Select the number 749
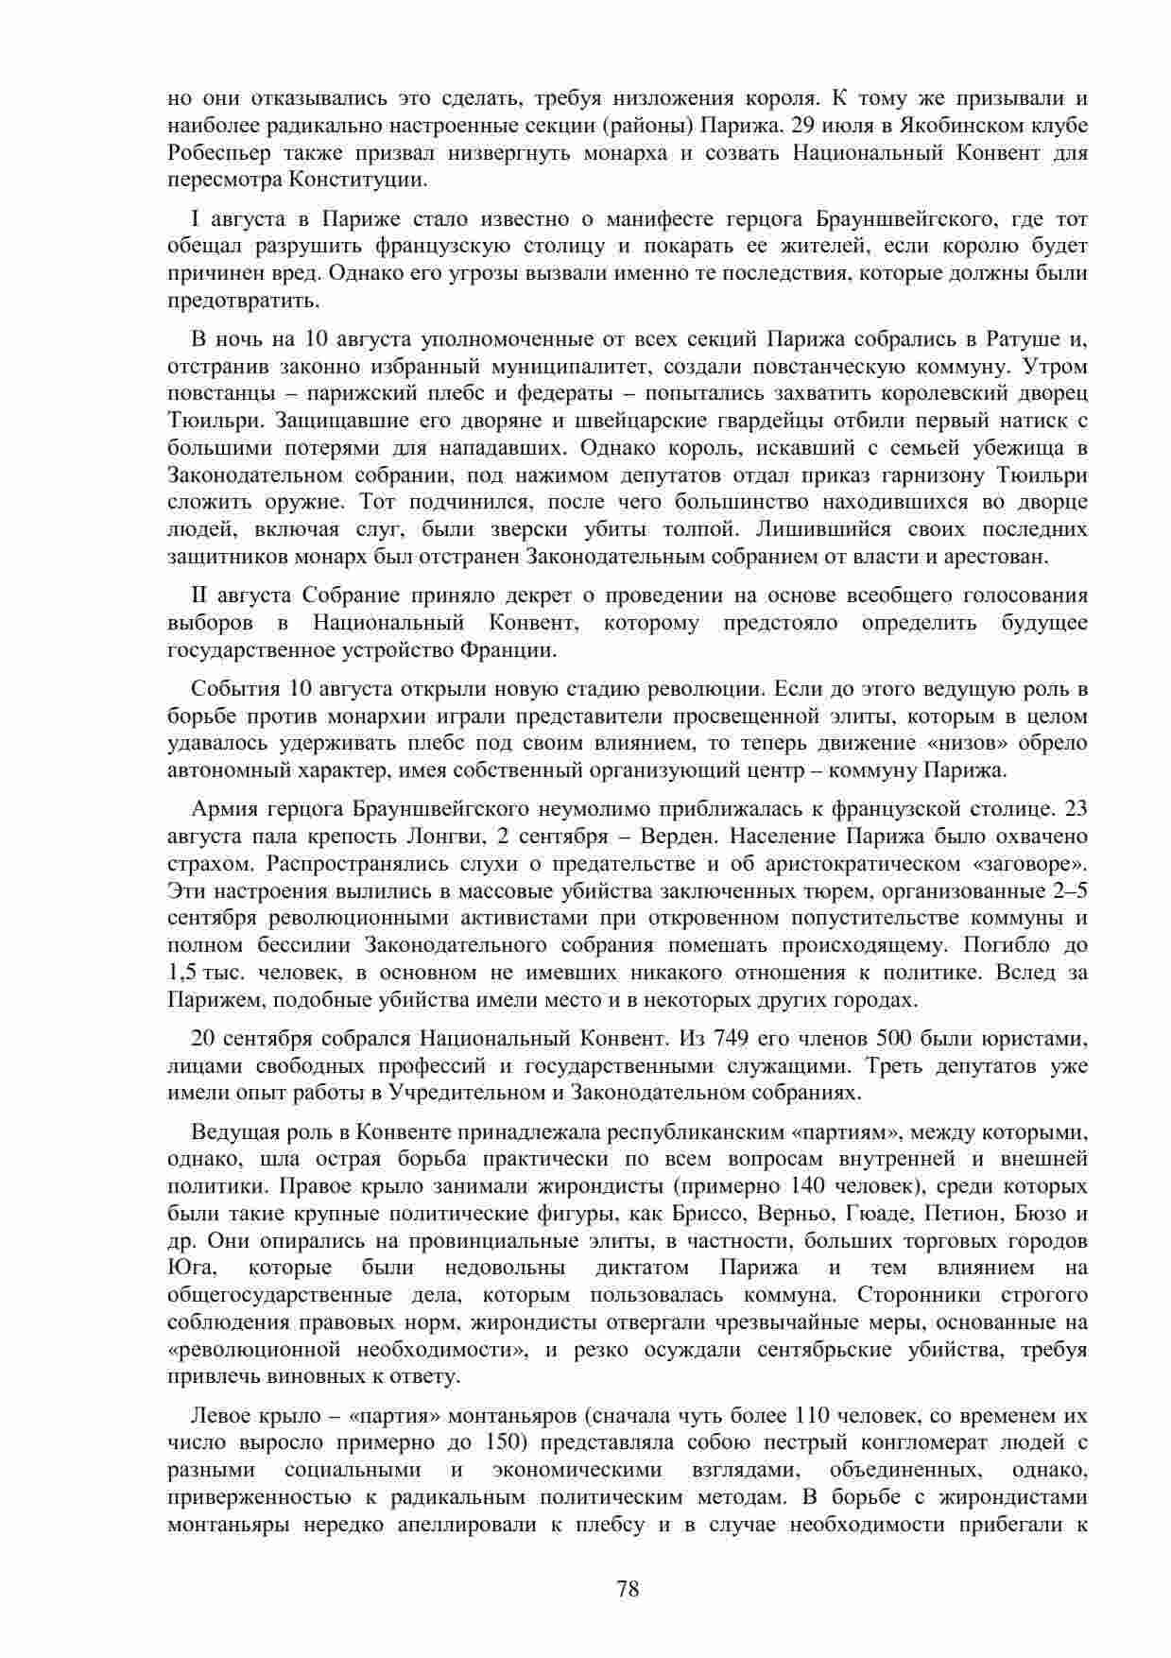(724, 1038)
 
